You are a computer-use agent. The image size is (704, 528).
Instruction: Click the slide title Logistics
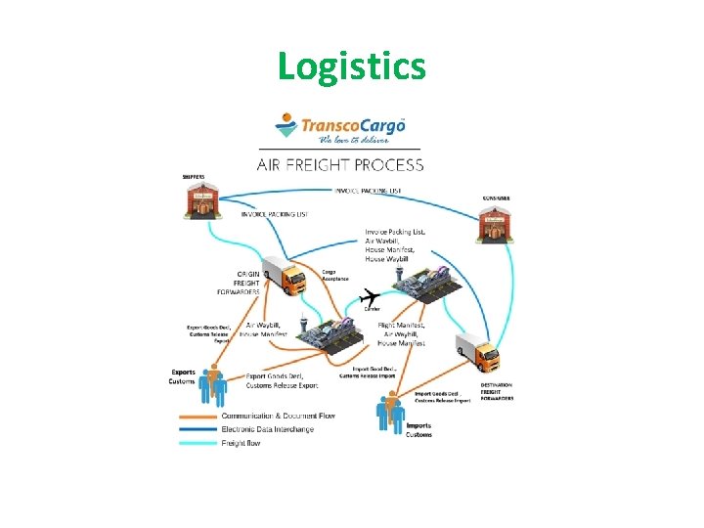pos(351,66)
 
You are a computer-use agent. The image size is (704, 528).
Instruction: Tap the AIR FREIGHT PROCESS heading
pos(339,164)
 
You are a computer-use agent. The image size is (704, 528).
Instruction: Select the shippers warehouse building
pos(201,200)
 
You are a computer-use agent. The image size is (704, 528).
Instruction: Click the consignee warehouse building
pos(494,227)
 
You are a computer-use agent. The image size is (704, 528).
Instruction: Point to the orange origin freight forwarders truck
pos(286,277)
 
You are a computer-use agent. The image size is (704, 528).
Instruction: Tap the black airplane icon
pos(370,296)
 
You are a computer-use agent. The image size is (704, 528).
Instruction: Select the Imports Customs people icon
pos(390,412)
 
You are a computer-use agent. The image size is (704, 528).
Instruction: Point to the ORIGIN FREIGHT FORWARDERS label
pos(241,283)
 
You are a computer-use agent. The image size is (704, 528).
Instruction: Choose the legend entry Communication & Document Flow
pos(278,416)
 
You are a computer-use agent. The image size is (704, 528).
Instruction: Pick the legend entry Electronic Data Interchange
pos(266,429)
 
